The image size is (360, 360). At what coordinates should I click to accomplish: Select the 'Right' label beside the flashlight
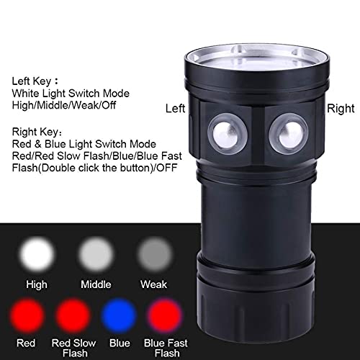coord(341,109)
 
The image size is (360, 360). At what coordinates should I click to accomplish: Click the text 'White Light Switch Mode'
coord(71,93)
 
